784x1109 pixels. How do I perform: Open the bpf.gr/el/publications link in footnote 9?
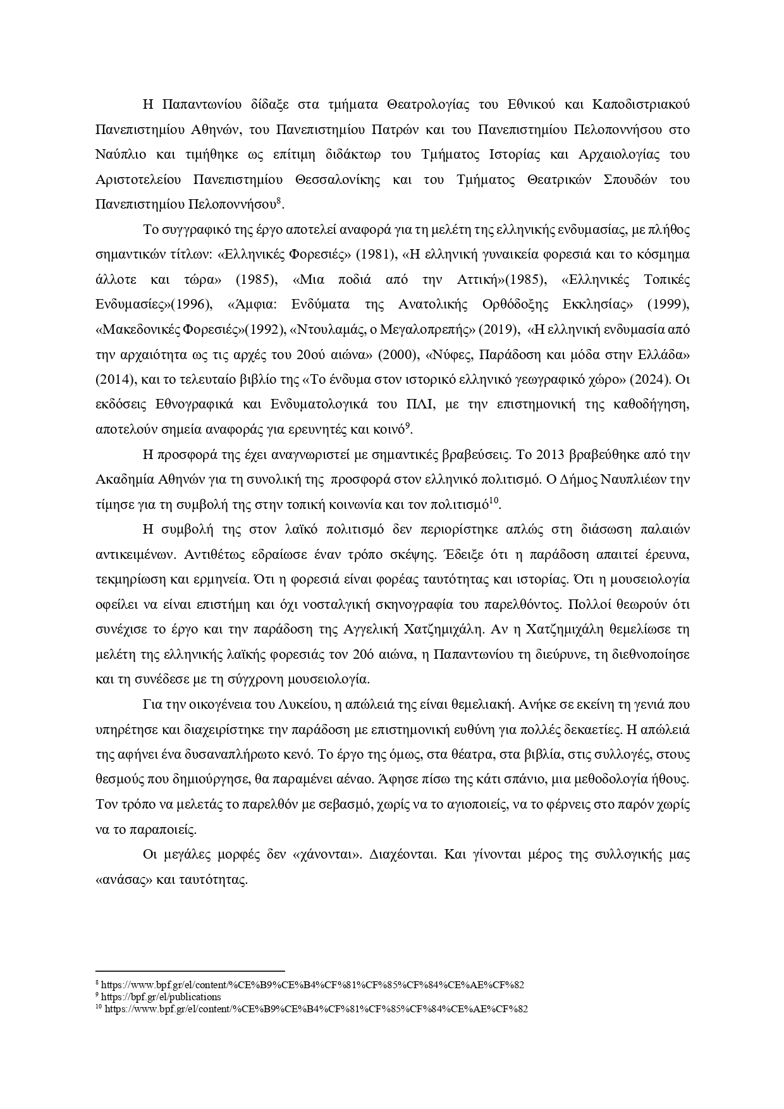click(161, 997)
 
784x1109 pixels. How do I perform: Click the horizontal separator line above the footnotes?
click(190, 971)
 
